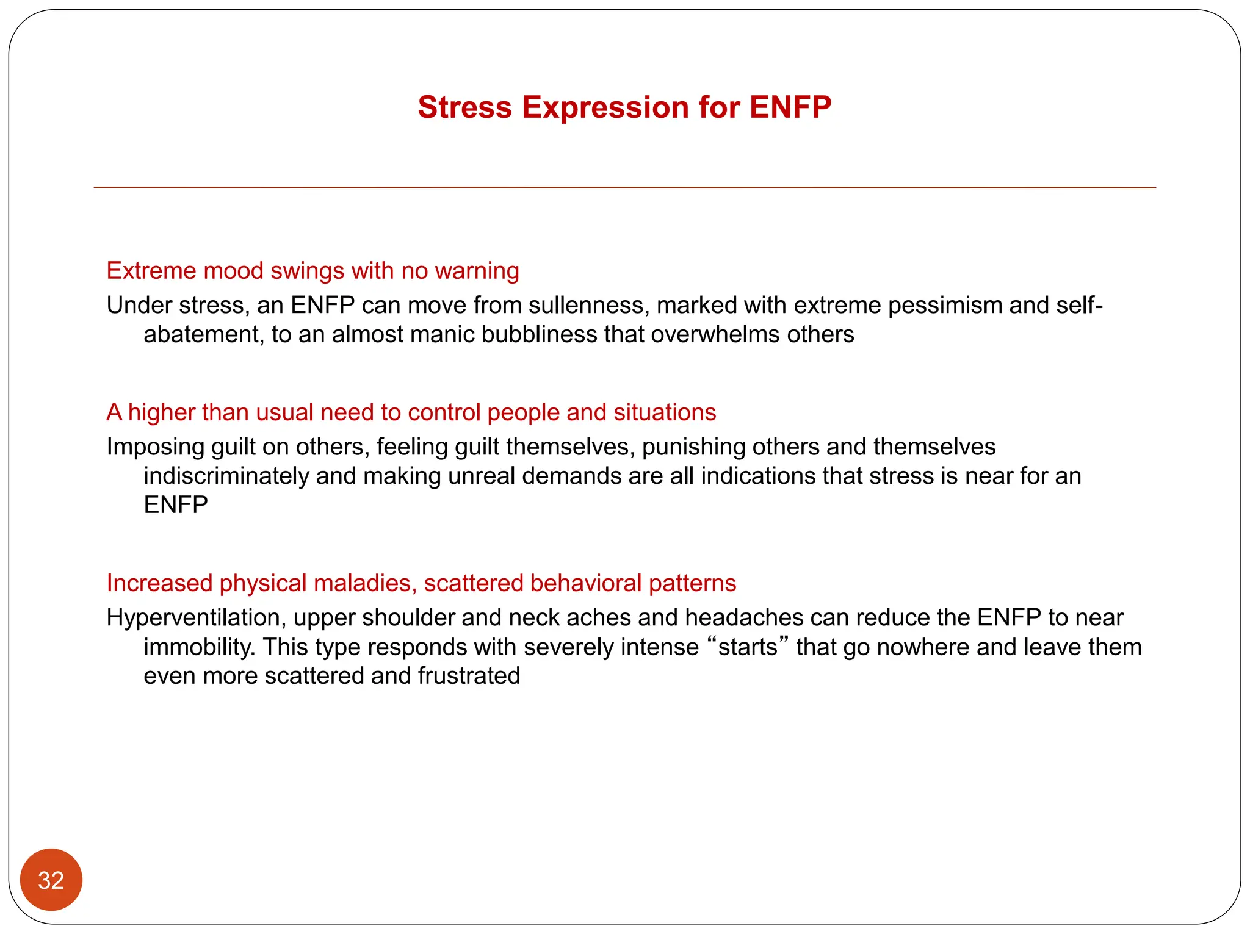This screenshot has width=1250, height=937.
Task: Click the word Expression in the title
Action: point(605,108)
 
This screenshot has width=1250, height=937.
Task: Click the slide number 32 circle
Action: point(51,880)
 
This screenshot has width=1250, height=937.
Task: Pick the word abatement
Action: point(203,334)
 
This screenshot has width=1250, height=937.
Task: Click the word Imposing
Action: point(155,447)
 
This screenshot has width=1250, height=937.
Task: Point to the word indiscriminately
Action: point(226,476)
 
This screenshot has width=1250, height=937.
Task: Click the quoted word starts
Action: point(748,647)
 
